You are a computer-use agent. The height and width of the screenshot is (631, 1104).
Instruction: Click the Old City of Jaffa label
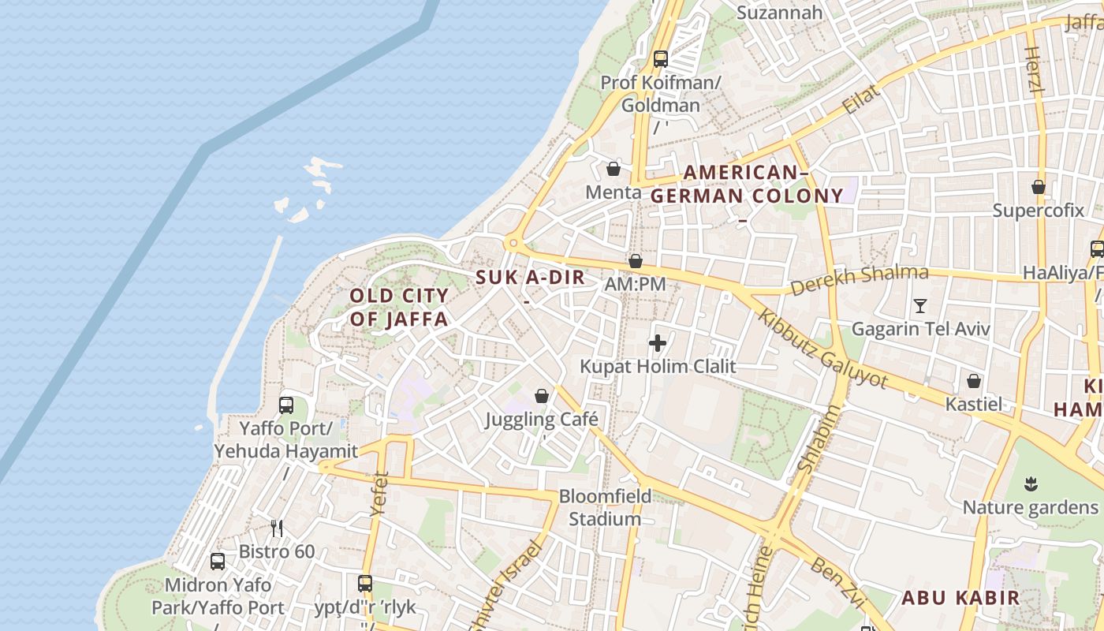tap(399, 308)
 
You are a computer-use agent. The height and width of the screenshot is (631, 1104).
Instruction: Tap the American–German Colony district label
tap(746, 185)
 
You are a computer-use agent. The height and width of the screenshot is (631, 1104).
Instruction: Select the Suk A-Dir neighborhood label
tap(531, 278)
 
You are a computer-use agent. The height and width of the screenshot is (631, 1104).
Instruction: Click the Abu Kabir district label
tap(960, 597)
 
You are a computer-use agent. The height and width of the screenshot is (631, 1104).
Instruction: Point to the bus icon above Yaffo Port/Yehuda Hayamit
tap(286, 405)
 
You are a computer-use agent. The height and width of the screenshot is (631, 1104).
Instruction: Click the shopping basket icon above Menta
tap(614, 169)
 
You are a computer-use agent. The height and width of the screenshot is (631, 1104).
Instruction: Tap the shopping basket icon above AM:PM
tap(636, 261)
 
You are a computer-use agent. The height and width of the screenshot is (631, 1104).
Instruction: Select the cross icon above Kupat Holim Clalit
tap(657, 343)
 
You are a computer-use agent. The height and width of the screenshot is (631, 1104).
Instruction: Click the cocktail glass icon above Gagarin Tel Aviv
tap(919, 305)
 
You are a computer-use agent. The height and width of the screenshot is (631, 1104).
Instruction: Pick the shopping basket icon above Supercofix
tap(1039, 187)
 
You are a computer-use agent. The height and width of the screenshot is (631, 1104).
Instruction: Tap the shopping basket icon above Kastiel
tap(975, 381)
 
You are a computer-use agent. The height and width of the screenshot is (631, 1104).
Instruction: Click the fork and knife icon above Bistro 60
tap(277, 528)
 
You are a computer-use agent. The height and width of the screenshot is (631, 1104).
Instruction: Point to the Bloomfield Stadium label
tap(606, 507)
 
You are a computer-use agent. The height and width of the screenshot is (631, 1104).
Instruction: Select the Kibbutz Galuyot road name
tap(822, 349)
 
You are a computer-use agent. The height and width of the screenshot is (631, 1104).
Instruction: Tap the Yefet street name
tap(379, 494)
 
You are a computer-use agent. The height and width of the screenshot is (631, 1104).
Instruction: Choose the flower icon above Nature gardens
tap(1031, 483)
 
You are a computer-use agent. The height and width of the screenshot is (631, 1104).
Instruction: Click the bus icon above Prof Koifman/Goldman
tap(661, 58)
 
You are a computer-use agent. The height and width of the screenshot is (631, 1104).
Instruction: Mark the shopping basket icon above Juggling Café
tap(542, 396)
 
